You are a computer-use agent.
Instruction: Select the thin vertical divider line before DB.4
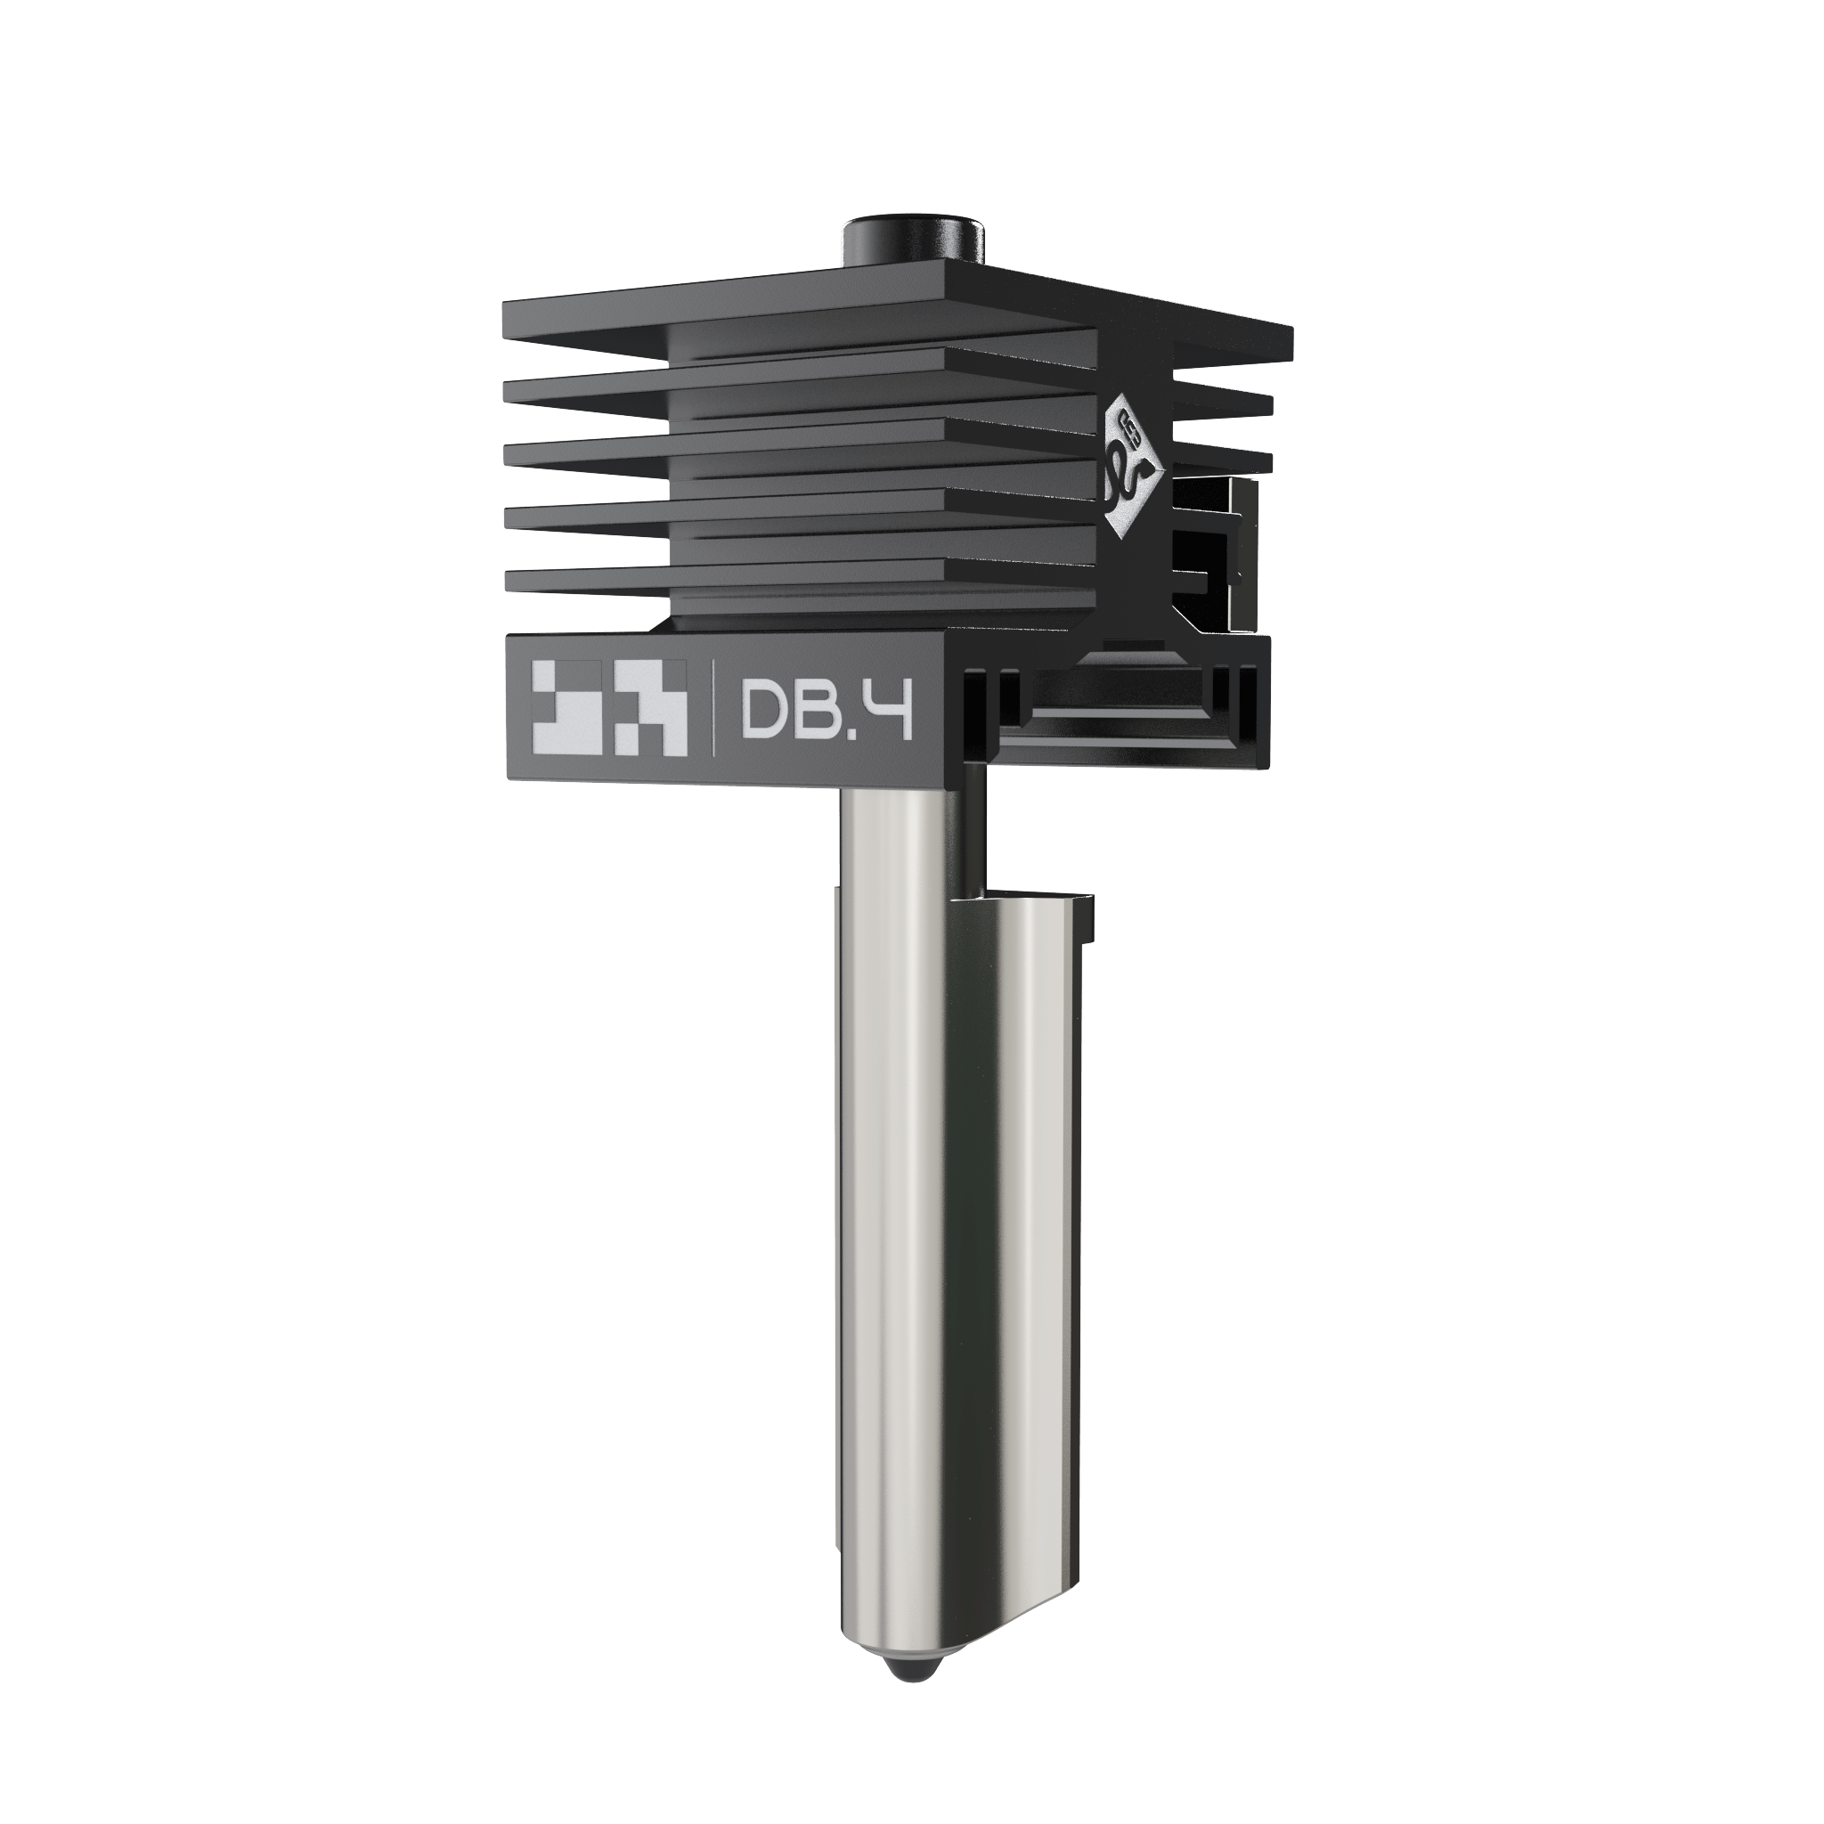712,708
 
